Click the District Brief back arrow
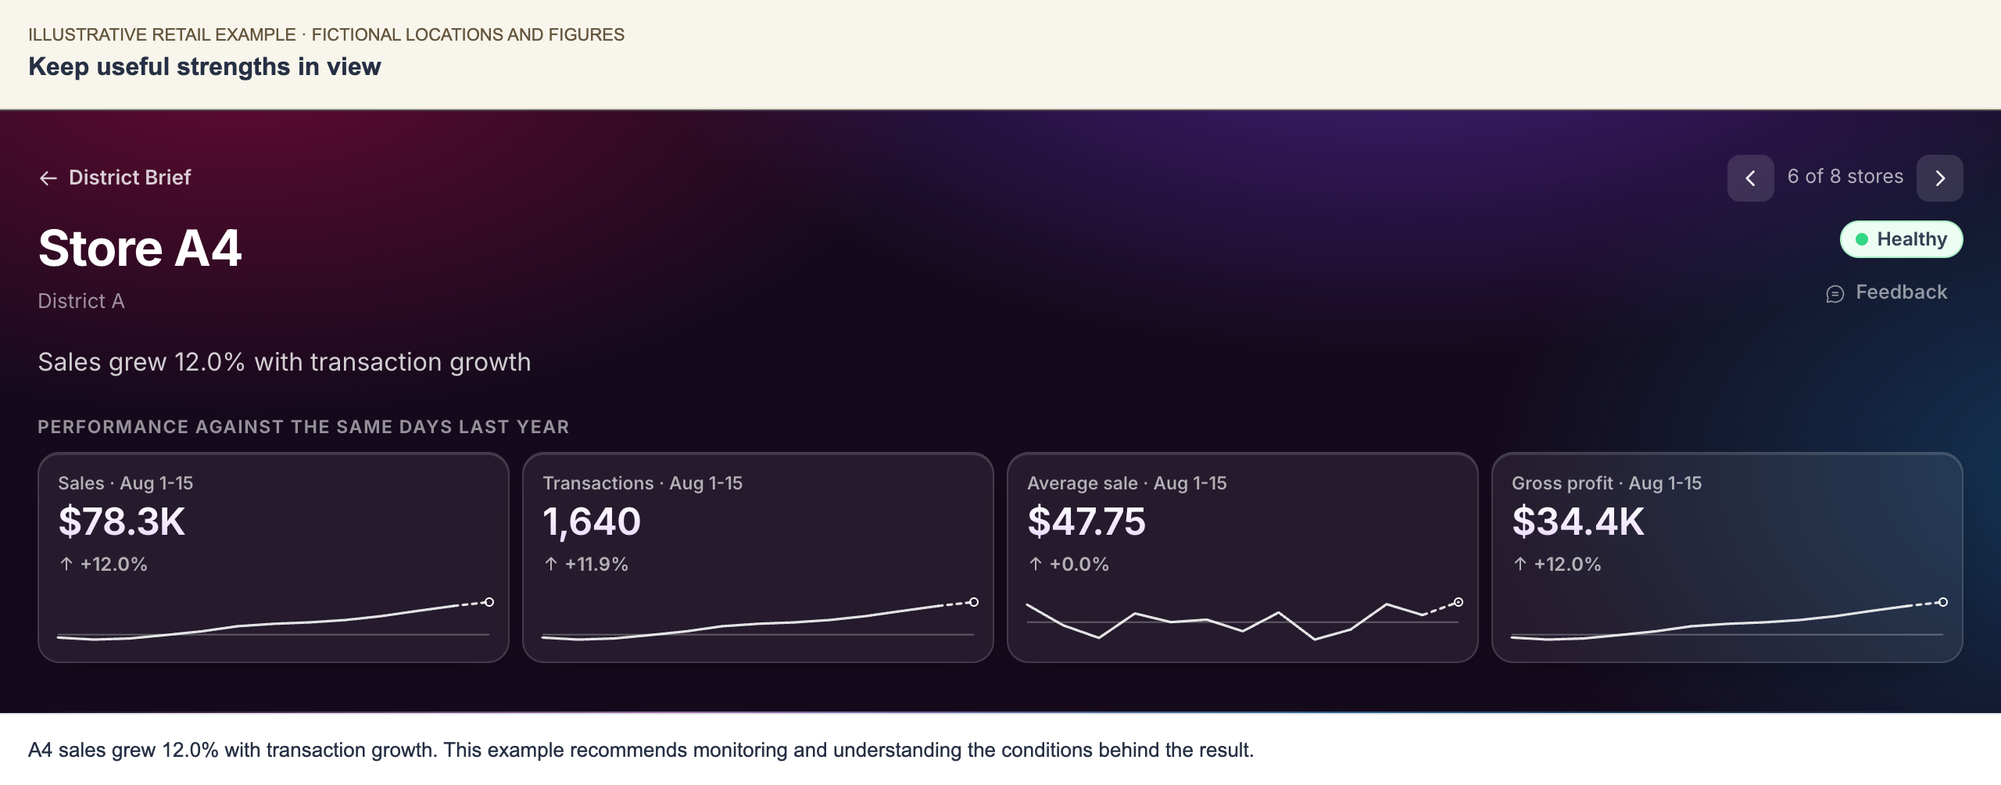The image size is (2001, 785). tap(48, 178)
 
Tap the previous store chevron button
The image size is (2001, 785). tap(1750, 178)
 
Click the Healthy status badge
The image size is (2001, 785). tap(1901, 239)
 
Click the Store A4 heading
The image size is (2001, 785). tap(140, 249)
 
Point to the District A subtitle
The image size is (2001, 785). tap(81, 301)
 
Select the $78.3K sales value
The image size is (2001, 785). tap(122, 522)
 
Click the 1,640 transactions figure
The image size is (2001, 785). tap(592, 522)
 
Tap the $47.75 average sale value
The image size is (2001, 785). tap(1086, 522)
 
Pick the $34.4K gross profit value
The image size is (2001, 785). tap(1578, 522)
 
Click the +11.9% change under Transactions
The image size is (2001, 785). tap(586, 565)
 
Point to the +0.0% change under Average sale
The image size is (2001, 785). tap(1069, 565)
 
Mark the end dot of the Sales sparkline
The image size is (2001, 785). tap(489, 602)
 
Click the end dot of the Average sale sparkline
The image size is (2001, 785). tap(1459, 602)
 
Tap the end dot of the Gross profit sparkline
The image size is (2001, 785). tap(1943, 602)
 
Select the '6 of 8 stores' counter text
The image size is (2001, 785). tap(1845, 177)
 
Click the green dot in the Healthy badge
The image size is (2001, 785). tap(1862, 239)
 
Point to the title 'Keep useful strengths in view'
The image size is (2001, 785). tap(205, 67)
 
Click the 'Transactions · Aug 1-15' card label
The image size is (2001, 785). tap(643, 483)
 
